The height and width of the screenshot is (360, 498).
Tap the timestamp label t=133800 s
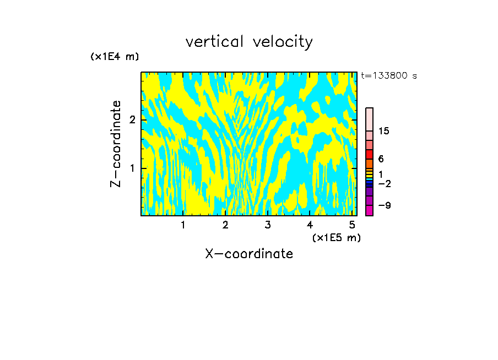[x=388, y=76]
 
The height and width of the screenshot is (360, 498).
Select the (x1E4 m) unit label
[x=115, y=57]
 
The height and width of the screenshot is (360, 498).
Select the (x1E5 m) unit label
[x=336, y=237]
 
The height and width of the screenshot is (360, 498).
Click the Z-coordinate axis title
[x=116, y=144]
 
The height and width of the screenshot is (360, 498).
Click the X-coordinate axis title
[x=249, y=254]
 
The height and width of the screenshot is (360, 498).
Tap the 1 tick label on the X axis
[x=183, y=225]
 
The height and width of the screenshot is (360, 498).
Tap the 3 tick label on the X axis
[x=267, y=225]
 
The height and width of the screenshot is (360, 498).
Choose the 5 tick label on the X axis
[x=351, y=225]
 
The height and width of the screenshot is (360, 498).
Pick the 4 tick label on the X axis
[x=310, y=225]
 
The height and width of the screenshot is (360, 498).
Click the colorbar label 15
[x=384, y=131]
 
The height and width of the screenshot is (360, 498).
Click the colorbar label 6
[x=381, y=159]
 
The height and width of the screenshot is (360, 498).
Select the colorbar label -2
[x=384, y=184]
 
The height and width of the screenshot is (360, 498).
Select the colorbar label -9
[x=384, y=205]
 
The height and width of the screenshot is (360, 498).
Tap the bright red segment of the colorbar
[x=369, y=154]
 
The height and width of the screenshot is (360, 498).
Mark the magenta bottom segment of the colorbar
[x=369, y=210]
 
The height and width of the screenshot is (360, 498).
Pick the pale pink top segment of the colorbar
[x=369, y=119]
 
